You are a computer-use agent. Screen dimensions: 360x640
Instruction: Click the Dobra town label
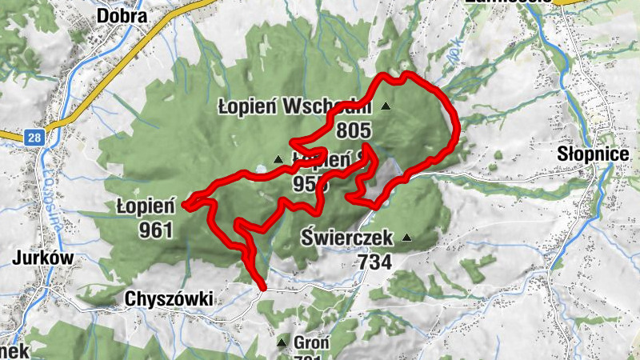click(121, 15)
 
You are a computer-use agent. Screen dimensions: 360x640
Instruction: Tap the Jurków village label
click(43, 258)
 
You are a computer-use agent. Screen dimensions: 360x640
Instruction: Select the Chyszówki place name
click(169, 298)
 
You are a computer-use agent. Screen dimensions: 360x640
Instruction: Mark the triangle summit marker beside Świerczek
click(407, 238)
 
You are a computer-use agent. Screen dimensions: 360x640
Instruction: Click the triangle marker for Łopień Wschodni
click(386, 106)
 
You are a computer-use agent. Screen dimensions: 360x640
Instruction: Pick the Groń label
click(307, 343)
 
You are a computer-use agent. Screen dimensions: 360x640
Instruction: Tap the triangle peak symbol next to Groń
click(281, 343)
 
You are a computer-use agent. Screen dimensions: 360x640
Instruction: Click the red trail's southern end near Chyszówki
click(262, 286)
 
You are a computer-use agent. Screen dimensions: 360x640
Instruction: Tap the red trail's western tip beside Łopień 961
click(185, 206)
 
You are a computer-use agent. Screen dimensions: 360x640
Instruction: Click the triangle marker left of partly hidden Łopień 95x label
click(278, 159)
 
